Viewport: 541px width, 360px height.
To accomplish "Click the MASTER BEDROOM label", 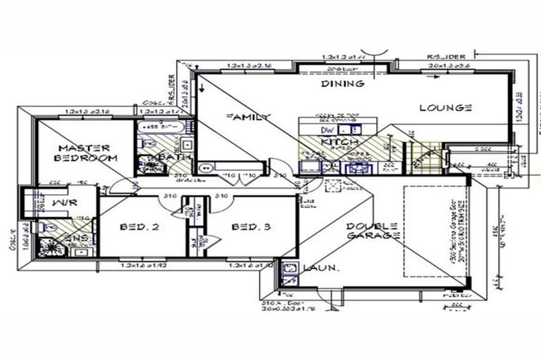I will [85, 153].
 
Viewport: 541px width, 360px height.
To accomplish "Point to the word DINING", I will [343, 84].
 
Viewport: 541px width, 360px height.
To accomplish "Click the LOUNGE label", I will [445, 108].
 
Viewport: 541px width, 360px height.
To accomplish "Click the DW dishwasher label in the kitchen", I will [326, 130].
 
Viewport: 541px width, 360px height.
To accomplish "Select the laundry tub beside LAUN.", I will [289, 268].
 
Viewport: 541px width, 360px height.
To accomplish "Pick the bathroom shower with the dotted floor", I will [149, 165].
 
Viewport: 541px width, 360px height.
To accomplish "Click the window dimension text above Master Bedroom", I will [87, 112].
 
